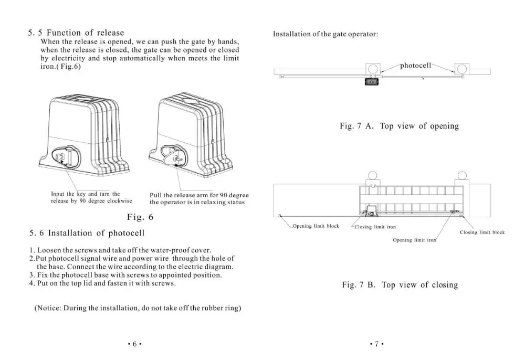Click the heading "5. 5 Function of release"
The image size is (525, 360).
76,33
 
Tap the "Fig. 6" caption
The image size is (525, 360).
141,217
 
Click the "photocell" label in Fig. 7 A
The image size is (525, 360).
415,66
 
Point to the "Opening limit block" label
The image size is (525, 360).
316,226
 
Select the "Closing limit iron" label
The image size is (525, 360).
375,227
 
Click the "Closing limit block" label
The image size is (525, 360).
482,232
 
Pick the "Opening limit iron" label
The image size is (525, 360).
415,240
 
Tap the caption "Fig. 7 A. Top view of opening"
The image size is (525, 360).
399,126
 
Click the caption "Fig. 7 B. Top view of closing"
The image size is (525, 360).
400,285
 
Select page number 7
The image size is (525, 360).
376,344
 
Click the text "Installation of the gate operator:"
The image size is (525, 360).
325,35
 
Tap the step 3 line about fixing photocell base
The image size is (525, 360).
125,275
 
